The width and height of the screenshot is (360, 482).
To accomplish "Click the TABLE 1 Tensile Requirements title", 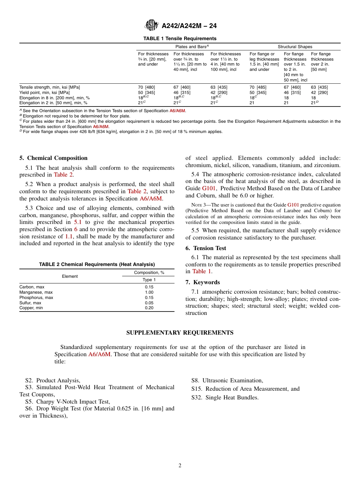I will click(x=180, y=39).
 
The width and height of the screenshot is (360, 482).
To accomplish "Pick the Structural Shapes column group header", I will click(x=295, y=47).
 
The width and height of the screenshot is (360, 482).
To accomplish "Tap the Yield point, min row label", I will click(x=44, y=92).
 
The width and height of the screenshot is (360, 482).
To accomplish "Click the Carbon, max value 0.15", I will click(x=149, y=287).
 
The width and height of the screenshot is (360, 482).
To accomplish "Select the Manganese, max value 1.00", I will click(x=149, y=292).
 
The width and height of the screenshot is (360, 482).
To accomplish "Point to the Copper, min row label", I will click(x=31, y=308).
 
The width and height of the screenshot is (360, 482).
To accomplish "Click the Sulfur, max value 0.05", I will click(x=149, y=303).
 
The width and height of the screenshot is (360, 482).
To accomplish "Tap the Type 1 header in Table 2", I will click(x=149, y=280).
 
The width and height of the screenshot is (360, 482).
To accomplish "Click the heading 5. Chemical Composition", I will click(x=53, y=158).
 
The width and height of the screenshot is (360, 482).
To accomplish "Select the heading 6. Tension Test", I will click(x=206, y=248).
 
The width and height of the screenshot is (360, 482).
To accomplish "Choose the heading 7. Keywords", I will click(x=202, y=282).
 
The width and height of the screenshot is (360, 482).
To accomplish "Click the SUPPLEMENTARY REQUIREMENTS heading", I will click(x=180, y=333).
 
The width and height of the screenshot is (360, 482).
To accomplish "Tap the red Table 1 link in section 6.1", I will click(x=199, y=271).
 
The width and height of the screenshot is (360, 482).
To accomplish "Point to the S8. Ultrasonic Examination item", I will click(x=227, y=380).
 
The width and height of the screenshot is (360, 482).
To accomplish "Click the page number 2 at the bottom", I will click(x=180, y=466).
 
